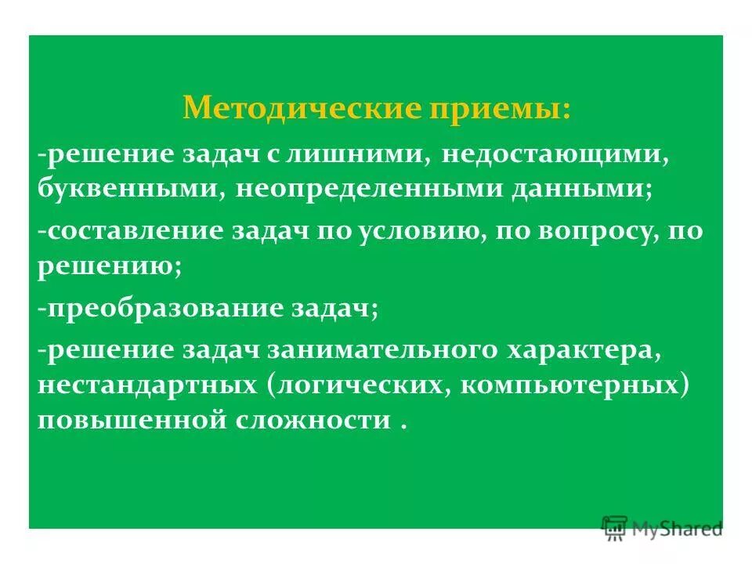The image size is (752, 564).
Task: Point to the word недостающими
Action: pyautogui.click(x=554, y=154)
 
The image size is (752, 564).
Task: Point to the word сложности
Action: pyautogui.click(x=313, y=422)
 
